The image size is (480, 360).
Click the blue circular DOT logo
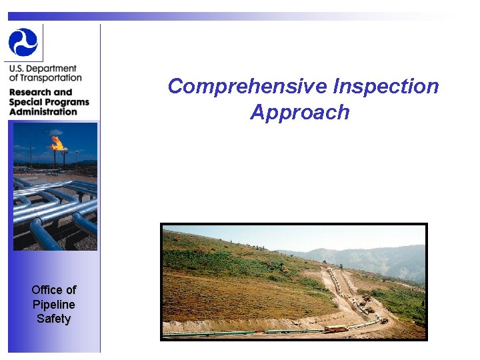coord(23,42)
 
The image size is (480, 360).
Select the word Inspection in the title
coord(386,87)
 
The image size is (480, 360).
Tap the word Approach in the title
coord(300,112)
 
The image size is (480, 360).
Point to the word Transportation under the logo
coord(50,78)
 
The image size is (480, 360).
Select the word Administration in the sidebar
coord(43,111)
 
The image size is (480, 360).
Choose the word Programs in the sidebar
coord(67,102)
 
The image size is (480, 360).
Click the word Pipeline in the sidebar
coord(53,304)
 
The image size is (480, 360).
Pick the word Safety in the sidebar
coord(53,319)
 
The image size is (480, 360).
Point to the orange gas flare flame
coord(58,142)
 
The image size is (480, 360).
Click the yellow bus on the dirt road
coord(335,329)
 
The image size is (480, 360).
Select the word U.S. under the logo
coord(18,69)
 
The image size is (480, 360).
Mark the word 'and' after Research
coord(62,92)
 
